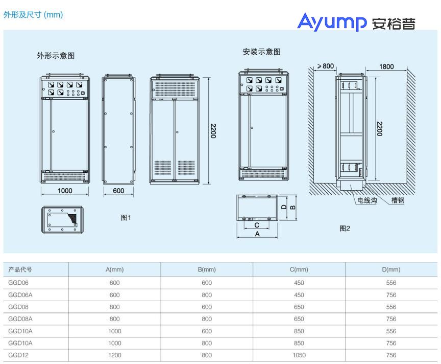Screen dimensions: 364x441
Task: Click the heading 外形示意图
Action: pyautogui.click(x=55, y=56)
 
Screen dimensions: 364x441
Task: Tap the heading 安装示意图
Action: pyautogui.click(x=262, y=52)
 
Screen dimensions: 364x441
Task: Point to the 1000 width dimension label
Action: pyautogui.click(x=64, y=191)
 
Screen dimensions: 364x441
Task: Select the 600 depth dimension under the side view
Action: pyautogui.click(x=118, y=191)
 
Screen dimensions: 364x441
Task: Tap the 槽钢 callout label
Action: pyautogui.click(x=398, y=201)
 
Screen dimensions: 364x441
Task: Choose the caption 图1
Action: pyautogui.click(x=126, y=218)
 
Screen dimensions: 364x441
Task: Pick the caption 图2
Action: pyautogui.click(x=345, y=229)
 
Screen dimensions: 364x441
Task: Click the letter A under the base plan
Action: pyautogui.click(x=257, y=234)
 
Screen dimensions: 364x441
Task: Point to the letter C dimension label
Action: pyautogui.click(x=257, y=225)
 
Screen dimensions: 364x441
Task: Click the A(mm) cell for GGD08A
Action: pyautogui.click(x=115, y=318)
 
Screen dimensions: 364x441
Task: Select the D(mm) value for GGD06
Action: pyautogui.click(x=391, y=282)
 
